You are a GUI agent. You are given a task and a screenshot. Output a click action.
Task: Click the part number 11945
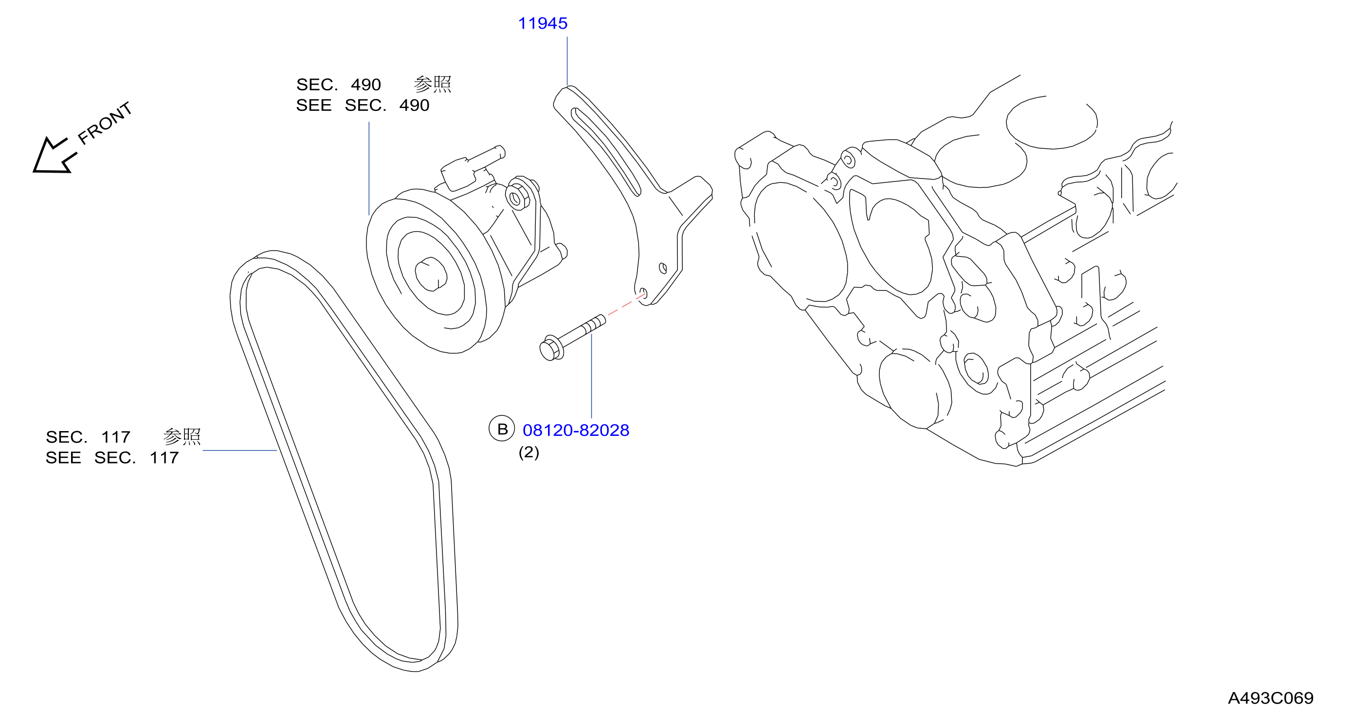click(x=543, y=23)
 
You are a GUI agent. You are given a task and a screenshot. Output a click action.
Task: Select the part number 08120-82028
click(x=576, y=430)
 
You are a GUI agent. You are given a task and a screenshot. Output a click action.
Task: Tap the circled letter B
click(x=502, y=428)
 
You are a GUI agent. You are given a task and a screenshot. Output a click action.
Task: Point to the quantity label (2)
click(x=528, y=452)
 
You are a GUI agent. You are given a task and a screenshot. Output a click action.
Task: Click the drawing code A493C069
click(x=1271, y=698)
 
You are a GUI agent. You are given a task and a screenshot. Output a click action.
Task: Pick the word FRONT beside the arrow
click(x=105, y=123)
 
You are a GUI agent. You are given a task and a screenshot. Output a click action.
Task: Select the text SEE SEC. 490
click(x=363, y=105)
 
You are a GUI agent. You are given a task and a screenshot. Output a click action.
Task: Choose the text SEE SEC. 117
click(x=112, y=457)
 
